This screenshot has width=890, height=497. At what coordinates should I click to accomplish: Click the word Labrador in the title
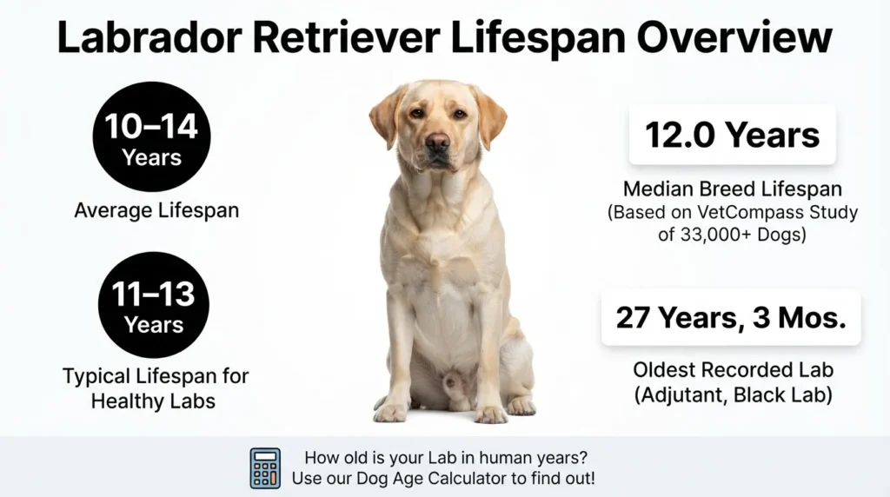pos(149,37)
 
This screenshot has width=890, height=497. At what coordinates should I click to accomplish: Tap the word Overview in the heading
pos(734,37)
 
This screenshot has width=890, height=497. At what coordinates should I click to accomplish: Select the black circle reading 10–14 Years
pos(151,136)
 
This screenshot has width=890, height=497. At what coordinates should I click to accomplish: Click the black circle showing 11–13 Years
pos(153,305)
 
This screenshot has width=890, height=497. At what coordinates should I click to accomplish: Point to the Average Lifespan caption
pos(156,210)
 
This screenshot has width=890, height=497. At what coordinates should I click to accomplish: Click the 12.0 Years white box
pos(732,135)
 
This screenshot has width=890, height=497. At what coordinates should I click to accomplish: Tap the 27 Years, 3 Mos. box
pos(731,317)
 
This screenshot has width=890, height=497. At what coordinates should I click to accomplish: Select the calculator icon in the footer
pos(265,468)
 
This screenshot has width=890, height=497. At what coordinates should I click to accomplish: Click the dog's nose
pos(438,142)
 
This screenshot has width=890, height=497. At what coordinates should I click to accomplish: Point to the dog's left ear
pos(489,116)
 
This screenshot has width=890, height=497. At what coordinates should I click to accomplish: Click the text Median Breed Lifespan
pos(732,189)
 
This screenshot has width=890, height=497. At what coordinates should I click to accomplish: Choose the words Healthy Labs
pos(153,401)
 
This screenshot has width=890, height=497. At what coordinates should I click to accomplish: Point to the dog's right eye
pos(417,113)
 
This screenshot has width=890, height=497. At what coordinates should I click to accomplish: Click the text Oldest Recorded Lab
pos(734,370)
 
